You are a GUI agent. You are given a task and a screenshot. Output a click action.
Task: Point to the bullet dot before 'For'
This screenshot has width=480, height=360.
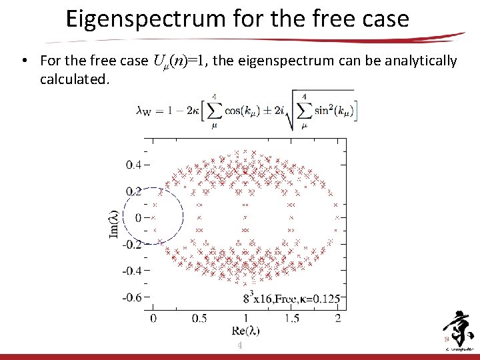click(23, 61)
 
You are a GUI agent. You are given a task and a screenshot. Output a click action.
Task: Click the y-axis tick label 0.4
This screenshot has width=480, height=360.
click(133, 165)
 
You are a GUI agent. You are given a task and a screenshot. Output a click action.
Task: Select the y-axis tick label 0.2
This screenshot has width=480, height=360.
click(133, 191)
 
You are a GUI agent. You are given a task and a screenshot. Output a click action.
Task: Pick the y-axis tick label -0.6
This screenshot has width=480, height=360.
click(131, 297)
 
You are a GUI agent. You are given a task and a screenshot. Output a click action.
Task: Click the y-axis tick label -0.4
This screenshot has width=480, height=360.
click(131, 271)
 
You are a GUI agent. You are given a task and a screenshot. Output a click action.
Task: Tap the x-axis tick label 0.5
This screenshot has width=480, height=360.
click(199, 319)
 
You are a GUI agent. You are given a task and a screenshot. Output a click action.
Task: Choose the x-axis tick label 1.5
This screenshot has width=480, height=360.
click(292, 319)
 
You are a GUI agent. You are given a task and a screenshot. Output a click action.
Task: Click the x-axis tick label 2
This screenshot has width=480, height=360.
click(338, 319)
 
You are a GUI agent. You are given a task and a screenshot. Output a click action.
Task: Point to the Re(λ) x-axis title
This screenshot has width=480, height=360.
click(245, 331)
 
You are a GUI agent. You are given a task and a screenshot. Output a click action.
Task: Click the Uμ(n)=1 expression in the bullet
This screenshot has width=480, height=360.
click(179, 61)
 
